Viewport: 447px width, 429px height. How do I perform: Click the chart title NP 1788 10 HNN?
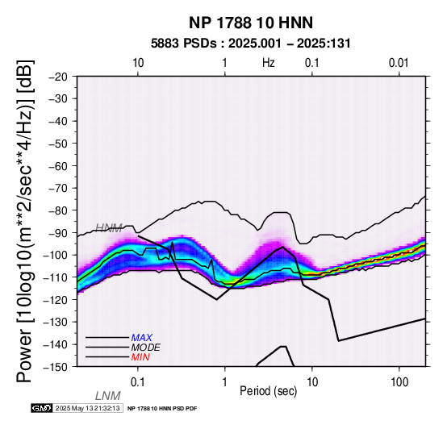pyautogui.click(x=251, y=23)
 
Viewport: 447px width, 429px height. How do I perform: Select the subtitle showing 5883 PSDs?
pyautogui.click(x=251, y=44)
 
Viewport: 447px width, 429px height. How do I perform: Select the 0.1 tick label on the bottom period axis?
pyautogui.click(x=137, y=382)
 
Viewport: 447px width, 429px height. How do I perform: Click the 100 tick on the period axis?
pyautogui.click(x=399, y=382)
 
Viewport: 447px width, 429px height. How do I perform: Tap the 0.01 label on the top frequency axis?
pyautogui.click(x=399, y=63)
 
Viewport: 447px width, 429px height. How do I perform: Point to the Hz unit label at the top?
pyautogui.click(x=269, y=63)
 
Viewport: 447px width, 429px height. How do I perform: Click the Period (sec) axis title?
pyautogui.click(x=268, y=391)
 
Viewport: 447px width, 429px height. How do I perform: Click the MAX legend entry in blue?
pyautogui.click(x=142, y=338)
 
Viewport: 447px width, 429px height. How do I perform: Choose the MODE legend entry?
pyautogui.click(x=146, y=348)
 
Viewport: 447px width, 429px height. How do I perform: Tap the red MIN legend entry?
pyautogui.click(x=140, y=357)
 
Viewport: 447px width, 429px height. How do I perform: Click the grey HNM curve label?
pyautogui.click(x=109, y=227)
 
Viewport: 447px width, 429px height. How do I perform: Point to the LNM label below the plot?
pyautogui.click(x=108, y=396)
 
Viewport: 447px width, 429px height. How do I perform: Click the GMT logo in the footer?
pyautogui.click(x=42, y=408)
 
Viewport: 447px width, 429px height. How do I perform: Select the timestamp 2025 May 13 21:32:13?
pyautogui.click(x=87, y=408)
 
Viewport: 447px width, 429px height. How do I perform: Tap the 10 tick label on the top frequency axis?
pyautogui.click(x=138, y=63)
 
